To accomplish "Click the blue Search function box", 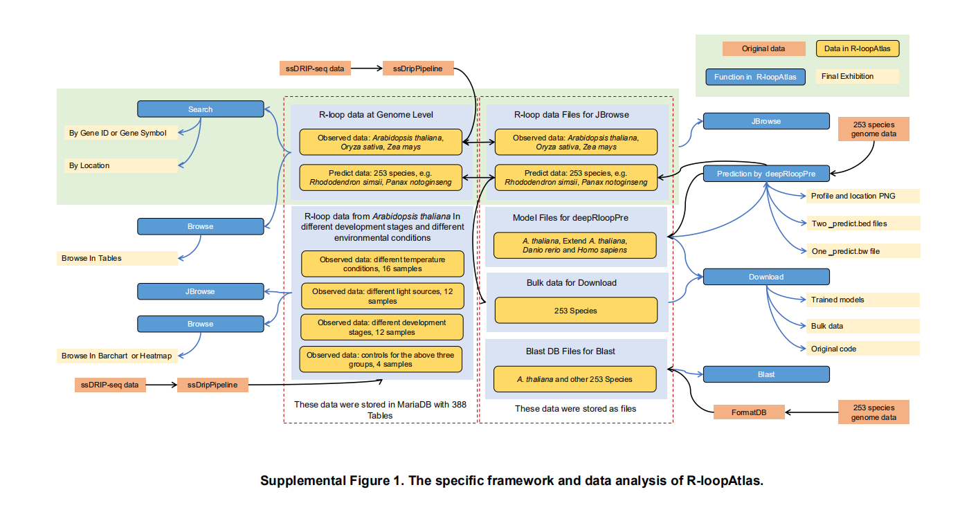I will (x=200, y=109).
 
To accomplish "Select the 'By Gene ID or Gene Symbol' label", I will (x=118, y=133).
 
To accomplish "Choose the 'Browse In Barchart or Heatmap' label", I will (x=117, y=356).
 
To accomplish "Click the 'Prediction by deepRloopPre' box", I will (x=766, y=174).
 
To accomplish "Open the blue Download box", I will (x=766, y=277).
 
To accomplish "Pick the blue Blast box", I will (x=766, y=374).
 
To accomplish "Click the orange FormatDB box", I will (x=749, y=412).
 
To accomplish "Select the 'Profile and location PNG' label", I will (x=862, y=196).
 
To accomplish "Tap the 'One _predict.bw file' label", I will (x=862, y=251).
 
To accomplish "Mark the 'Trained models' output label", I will (x=862, y=300).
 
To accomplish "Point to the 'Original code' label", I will (x=862, y=349).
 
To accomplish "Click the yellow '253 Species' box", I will (x=575, y=311).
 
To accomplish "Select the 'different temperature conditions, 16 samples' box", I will (x=382, y=264).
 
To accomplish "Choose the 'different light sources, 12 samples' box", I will (x=382, y=296).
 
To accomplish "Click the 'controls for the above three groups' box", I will (x=381, y=360).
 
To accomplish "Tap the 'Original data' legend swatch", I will (x=763, y=49).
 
